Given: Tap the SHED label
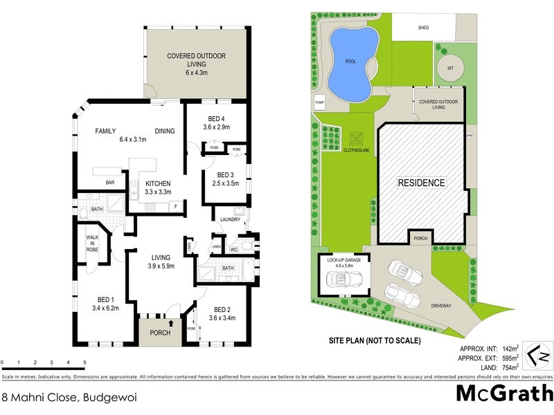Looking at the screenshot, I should [424, 28].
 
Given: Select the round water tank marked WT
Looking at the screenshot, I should [450, 68].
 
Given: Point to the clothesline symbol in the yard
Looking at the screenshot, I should [357, 138].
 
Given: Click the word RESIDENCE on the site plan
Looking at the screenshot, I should [421, 183].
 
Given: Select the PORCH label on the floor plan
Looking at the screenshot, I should [160, 333].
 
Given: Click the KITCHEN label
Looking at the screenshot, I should [158, 183].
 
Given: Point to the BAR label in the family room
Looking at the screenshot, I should [109, 183].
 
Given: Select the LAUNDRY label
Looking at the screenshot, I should [230, 220].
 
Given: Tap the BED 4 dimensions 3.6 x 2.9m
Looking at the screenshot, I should [216, 127].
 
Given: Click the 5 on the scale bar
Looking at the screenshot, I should [84, 362].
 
